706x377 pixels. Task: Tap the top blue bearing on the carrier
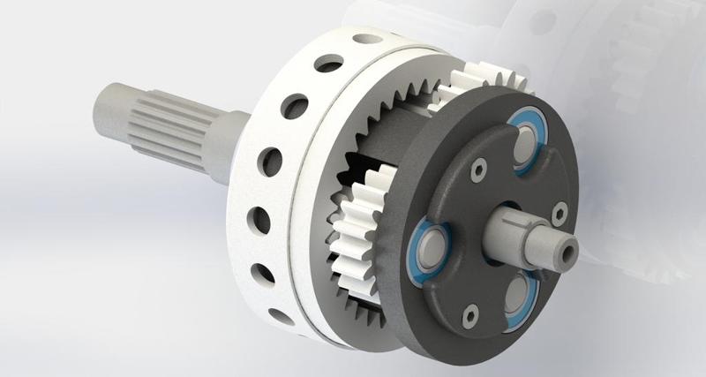tap(527, 140)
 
